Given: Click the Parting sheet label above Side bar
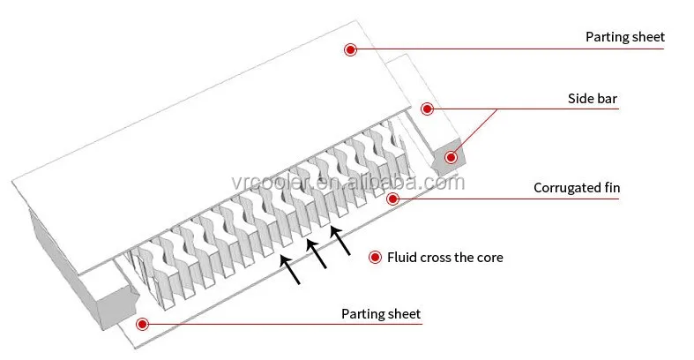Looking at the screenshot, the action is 625,37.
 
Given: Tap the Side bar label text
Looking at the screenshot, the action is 593,98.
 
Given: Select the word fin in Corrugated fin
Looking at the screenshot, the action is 612,187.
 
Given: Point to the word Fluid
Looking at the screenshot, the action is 401,258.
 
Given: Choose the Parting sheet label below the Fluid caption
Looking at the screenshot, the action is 381,314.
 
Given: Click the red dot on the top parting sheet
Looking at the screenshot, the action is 350,49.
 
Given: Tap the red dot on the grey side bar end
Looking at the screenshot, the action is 451,157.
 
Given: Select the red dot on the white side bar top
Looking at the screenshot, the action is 427,109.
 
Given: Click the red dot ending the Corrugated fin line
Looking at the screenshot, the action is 392,199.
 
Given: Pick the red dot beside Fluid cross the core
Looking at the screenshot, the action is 375,258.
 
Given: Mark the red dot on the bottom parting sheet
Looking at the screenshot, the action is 142,324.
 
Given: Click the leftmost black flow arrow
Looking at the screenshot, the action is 290,269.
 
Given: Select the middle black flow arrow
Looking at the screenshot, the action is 317,254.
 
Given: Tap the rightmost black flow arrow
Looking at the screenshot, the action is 340,241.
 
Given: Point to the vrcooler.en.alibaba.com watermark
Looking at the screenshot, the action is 348,183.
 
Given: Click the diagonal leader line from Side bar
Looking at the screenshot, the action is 474,132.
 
